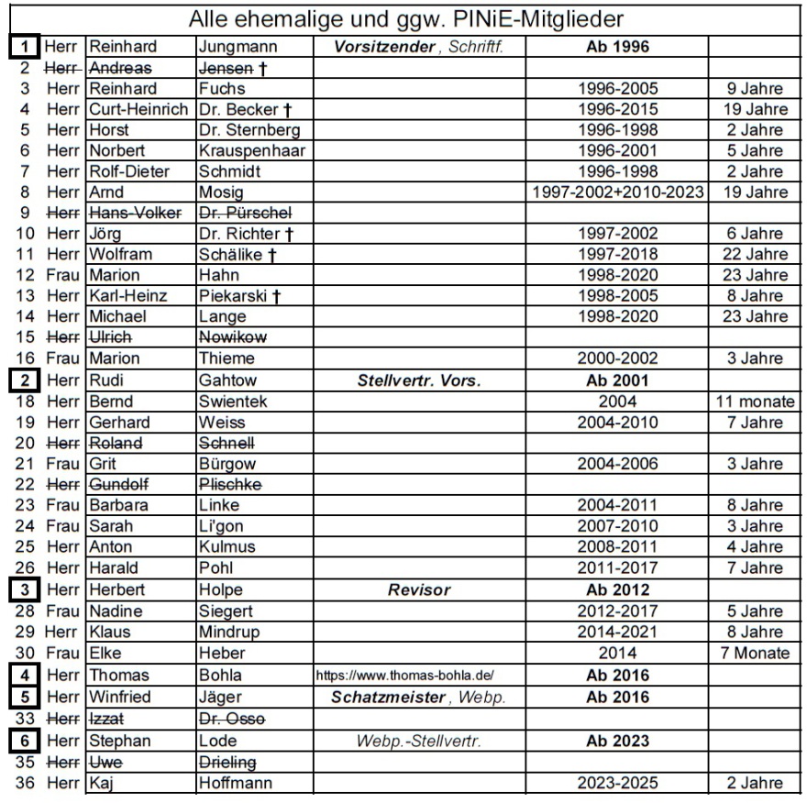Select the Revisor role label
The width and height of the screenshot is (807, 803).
point(418,590)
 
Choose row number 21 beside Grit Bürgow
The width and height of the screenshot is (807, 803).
point(26,463)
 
